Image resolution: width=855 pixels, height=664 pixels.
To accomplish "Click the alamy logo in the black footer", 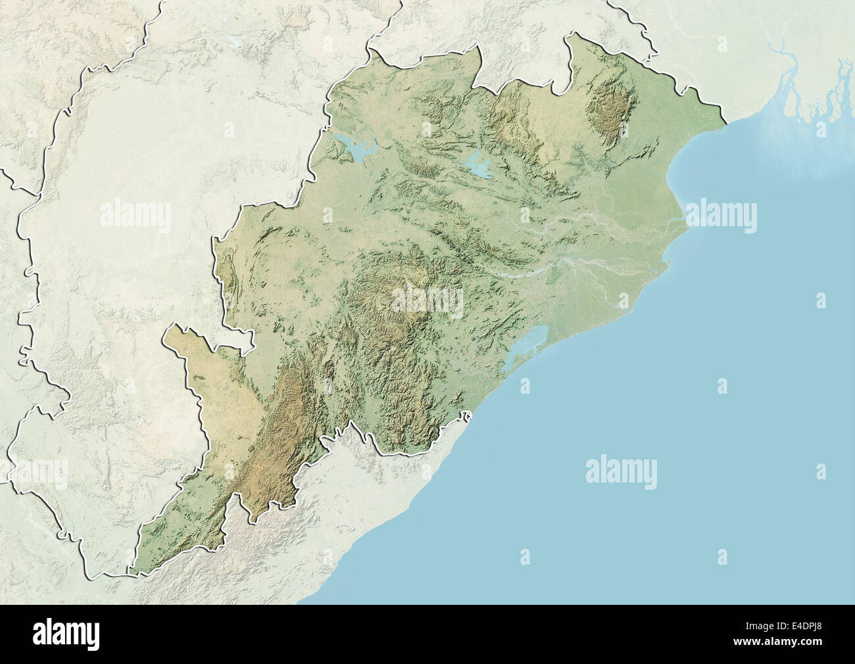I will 66,634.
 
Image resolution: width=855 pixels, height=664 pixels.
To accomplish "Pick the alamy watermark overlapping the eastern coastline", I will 721,217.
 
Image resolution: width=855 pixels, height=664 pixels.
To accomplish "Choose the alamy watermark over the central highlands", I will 427,300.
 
